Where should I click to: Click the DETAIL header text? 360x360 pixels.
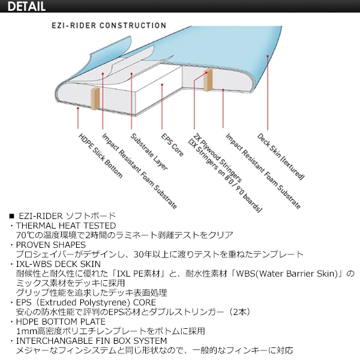coord(26,6)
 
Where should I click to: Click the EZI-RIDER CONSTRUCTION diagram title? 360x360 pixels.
coord(109,25)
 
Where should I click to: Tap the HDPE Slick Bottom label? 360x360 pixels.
coord(100,155)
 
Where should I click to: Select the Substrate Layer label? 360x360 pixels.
coord(149,152)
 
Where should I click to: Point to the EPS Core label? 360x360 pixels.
coord(172,145)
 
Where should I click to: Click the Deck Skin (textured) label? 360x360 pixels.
coord(281,156)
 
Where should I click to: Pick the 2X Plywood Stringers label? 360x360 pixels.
coord(217,158)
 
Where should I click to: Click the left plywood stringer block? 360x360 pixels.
coord(95,99)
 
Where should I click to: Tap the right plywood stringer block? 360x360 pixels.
coord(208,80)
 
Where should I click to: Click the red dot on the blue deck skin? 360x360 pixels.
coord(268,56)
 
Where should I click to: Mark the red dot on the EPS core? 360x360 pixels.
coord(162,85)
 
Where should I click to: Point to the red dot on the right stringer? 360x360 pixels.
coord(206,73)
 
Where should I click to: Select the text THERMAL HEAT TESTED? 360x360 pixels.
coord(66,226)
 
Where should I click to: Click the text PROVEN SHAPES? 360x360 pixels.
coord(51,245)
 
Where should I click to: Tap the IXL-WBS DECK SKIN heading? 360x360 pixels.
coord(58,264)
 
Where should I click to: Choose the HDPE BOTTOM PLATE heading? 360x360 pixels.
coord(61,322)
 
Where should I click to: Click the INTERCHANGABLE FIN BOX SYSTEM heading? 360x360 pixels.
coord(91,341)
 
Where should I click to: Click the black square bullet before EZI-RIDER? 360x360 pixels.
coord(12,216)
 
